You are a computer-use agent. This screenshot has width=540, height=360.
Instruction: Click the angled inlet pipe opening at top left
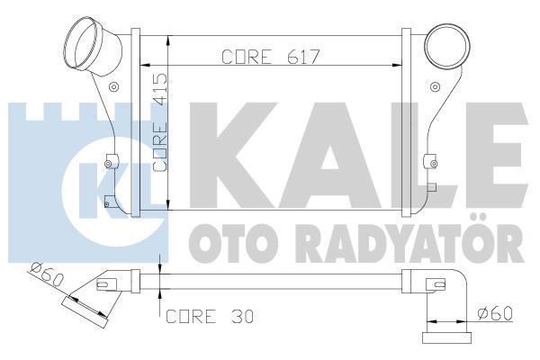[87, 40]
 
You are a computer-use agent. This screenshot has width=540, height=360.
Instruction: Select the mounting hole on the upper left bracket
[112, 87]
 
